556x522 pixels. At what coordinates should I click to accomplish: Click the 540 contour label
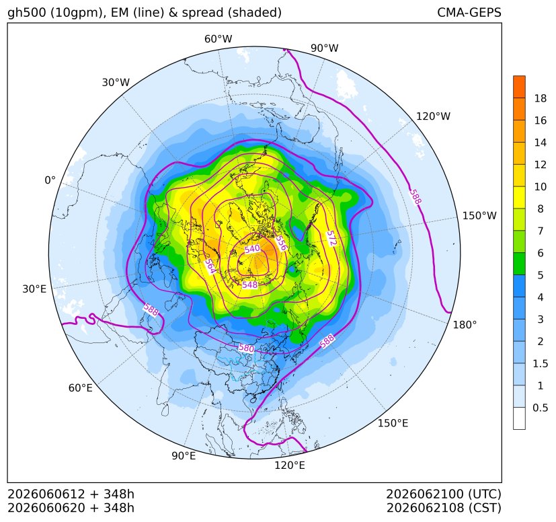coord(252,249)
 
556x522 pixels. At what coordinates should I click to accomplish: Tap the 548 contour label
coord(250,285)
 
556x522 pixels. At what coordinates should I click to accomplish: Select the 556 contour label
coord(281,243)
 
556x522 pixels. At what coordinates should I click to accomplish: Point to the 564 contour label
coord(210,266)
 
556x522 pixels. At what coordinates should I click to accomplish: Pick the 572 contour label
coord(331,238)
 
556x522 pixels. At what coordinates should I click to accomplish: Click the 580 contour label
coord(247,348)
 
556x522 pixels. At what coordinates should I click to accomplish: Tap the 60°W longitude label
coord(218,39)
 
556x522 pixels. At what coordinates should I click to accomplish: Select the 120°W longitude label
coord(433,116)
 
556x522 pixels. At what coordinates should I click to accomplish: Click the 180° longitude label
coord(465,324)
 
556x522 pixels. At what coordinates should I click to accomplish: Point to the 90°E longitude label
coord(184,455)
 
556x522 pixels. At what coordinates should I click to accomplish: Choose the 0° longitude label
coord(50,180)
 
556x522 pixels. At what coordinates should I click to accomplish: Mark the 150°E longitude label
coord(393,423)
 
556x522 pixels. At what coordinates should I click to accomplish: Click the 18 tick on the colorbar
coord(541,98)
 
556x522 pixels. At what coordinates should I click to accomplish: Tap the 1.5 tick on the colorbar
coord(540,363)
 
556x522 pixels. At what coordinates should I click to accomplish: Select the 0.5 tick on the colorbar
coord(540,408)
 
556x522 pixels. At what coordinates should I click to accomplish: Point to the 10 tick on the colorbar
coord(541,186)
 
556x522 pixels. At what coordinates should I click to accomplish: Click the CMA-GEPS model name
coord(469,12)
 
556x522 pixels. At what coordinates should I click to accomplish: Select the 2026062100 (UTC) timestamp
coord(444,494)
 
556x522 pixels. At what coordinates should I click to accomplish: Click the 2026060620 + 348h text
coord(71,508)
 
